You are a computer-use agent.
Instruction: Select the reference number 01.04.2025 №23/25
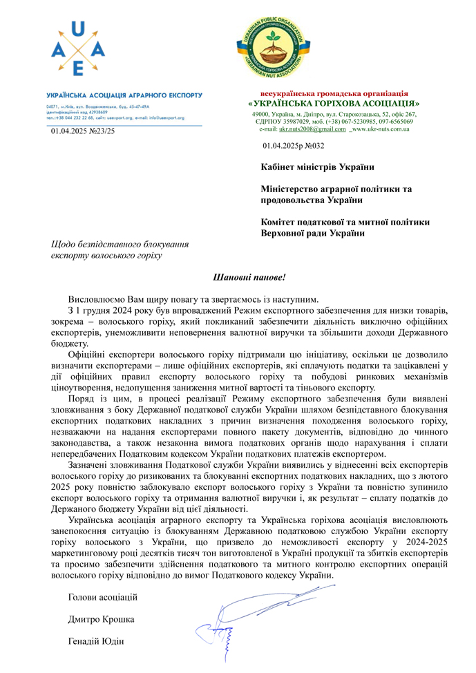pos(83,131)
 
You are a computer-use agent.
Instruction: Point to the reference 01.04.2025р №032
pos(294,146)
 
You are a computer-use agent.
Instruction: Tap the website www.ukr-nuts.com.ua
pos(381,129)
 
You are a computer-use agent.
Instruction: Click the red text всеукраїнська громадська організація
pos(334,93)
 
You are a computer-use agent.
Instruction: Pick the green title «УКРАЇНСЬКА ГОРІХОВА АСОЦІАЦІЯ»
pos(334,104)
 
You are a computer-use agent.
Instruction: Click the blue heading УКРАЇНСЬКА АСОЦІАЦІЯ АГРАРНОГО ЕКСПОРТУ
pos(124,95)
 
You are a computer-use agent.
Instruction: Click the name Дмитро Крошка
pos(102,619)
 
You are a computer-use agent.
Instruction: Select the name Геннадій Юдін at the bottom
pos(96,642)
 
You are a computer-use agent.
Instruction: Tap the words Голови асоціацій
pos(103,596)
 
